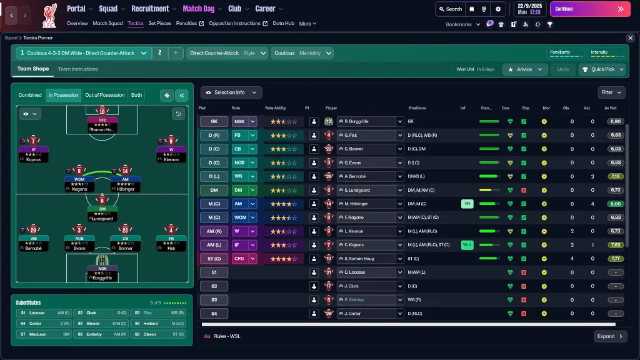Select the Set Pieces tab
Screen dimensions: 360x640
159,24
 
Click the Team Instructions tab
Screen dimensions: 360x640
77,69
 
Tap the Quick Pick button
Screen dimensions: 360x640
602,69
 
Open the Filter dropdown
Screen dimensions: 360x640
611,92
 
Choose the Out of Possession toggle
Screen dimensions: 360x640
104,95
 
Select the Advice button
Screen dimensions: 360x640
524,69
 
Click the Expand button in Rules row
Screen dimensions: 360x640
609,336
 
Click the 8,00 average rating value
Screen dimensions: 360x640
615,204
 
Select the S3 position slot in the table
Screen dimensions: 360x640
214,300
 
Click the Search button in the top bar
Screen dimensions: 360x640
450,9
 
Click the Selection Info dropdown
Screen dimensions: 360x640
231,92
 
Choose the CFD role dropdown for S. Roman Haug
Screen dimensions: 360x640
244,259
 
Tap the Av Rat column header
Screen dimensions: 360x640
611,108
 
